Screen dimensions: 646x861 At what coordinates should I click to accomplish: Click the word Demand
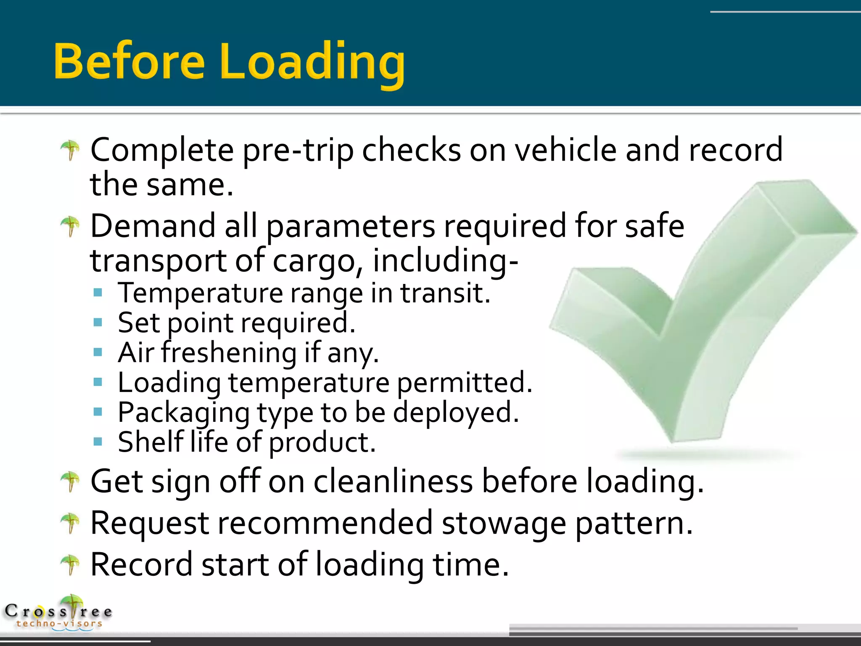[x=152, y=226]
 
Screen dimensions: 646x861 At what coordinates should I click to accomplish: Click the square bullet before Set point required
[x=98, y=323]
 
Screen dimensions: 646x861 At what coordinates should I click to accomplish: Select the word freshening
[x=229, y=352]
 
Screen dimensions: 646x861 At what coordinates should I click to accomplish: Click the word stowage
[x=504, y=524]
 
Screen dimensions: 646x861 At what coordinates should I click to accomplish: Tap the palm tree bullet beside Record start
[x=70, y=564]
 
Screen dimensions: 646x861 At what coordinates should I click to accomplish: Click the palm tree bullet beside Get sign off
[x=70, y=481]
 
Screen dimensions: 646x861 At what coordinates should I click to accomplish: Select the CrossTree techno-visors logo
[x=59, y=613]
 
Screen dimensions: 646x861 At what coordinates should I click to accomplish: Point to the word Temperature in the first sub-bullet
[x=200, y=293]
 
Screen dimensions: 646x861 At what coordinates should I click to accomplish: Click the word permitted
[x=464, y=383]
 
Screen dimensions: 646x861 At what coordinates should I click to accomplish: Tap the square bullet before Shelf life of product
[x=98, y=442]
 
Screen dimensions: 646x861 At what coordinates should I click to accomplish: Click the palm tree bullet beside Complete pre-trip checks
[x=70, y=150]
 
